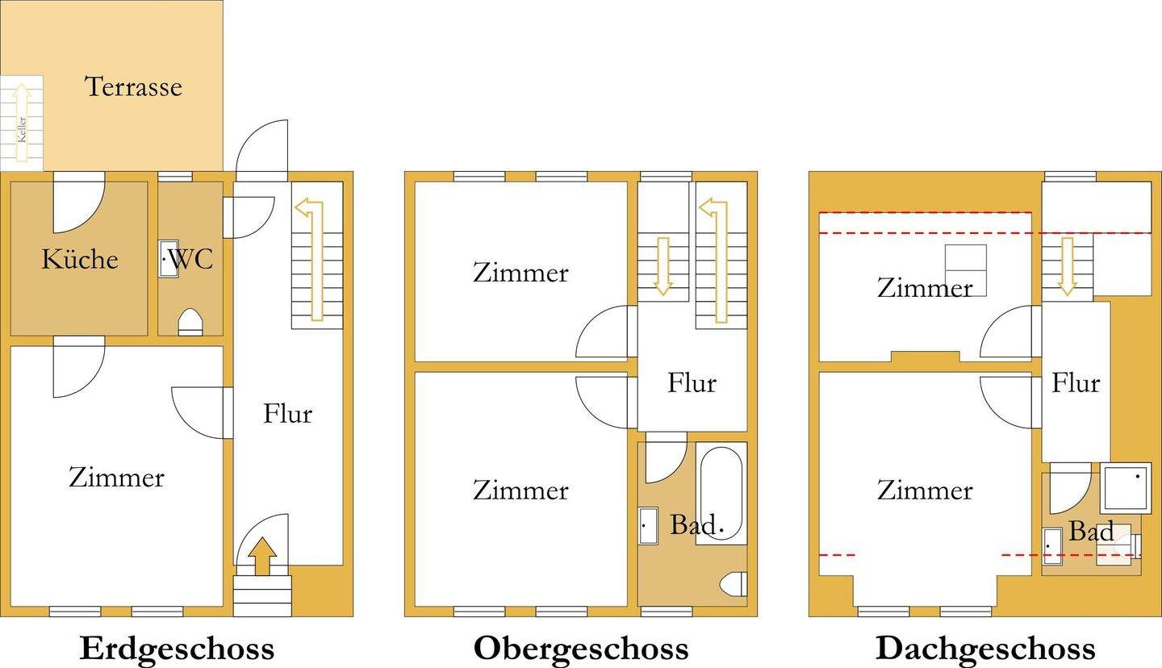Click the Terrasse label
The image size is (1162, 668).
click(133, 86)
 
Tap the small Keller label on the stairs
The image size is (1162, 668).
click(23, 128)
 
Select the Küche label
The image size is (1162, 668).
click(80, 259)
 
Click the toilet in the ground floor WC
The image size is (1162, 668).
click(190, 321)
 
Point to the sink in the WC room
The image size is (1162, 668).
click(168, 259)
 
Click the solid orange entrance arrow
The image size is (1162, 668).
click(261, 557)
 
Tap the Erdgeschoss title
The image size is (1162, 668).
click(177, 648)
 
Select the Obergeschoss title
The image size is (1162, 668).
click(581, 648)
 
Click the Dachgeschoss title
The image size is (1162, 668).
click(985, 648)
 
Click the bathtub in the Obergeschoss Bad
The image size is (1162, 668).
click(721, 493)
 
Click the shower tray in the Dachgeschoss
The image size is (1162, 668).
click(1126, 487)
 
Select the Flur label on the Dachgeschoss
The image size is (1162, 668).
click(1076, 382)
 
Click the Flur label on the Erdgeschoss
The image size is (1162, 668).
click(287, 414)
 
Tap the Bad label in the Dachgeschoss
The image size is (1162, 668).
click(1092, 531)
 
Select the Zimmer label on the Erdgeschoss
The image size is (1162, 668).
click(116, 477)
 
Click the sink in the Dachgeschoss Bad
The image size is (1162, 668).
click(1051, 545)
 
